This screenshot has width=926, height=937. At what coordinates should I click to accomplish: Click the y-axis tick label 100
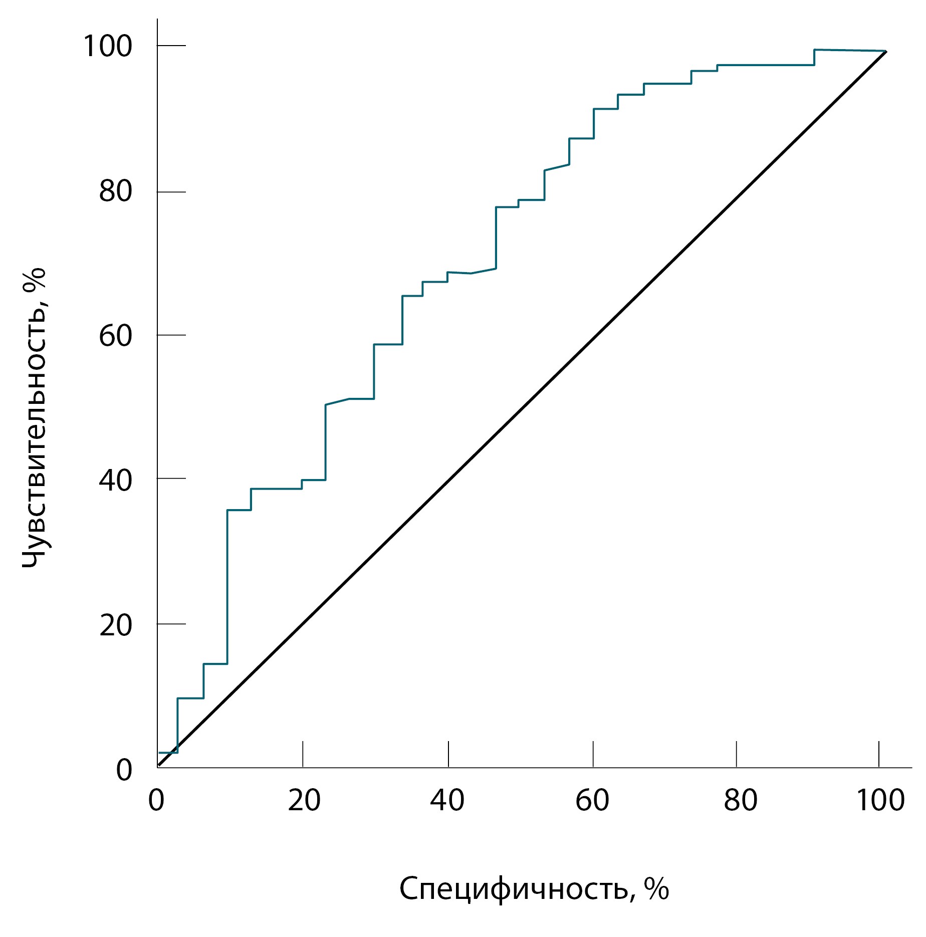(108, 47)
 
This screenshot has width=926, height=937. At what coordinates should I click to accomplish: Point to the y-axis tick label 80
(115, 191)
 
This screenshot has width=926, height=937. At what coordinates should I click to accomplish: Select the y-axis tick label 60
(115, 336)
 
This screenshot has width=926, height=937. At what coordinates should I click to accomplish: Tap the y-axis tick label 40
(115, 480)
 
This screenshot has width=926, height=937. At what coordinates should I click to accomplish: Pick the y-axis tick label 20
(115, 625)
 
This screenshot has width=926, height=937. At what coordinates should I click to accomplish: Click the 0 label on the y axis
(124, 770)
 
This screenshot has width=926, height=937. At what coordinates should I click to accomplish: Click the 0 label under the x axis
(156, 800)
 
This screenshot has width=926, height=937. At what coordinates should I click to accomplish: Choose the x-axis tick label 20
(304, 800)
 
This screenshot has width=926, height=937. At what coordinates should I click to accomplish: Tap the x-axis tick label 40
(447, 800)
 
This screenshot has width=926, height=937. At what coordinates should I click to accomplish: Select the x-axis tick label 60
(592, 800)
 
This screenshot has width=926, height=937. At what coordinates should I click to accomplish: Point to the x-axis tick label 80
(740, 800)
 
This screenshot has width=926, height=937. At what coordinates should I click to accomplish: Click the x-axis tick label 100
(880, 800)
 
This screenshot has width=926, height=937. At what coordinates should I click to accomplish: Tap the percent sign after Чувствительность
(34, 279)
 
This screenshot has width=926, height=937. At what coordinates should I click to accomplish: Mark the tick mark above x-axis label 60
(593, 754)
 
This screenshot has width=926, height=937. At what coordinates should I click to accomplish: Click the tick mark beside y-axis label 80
(172, 192)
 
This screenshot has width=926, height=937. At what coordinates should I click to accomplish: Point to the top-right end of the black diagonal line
(886, 51)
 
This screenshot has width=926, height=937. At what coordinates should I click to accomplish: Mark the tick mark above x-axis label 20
(303, 754)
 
